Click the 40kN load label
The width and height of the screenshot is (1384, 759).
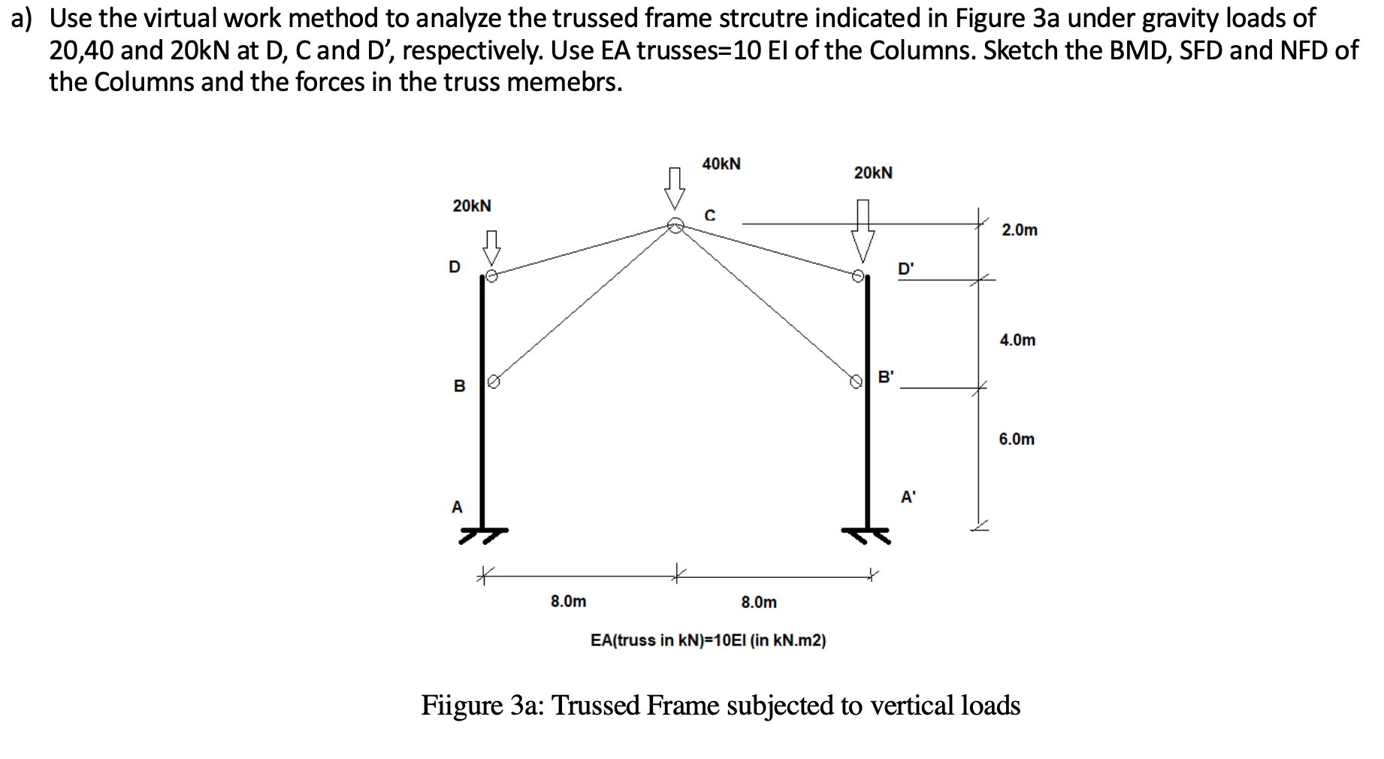pyautogui.click(x=721, y=164)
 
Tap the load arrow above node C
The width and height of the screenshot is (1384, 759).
pyautogui.click(x=675, y=188)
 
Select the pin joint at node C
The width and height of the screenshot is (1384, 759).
pyautogui.click(x=675, y=225)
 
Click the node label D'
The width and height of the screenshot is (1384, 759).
pyautogui.click(x=907, y=269)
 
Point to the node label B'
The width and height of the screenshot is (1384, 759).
pyautogui.click(x=887, y=377)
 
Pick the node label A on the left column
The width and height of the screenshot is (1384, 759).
pyautogui.click(x=457, y=507)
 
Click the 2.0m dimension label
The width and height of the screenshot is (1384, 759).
pyautogui.click(x=1019, y=231)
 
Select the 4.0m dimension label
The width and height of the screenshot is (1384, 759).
pyautogui.click(x=1017, y=340)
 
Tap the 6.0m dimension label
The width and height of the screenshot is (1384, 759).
pyautogui.click(x=1017, y=439)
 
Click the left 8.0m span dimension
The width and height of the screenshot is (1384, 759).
pyautogui.click(x=568, y=602)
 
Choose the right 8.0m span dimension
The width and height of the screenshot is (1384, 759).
pyautogui.click(x=759, y=602)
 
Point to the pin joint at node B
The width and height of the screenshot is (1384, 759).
pyautogui.click(x=493, y=381)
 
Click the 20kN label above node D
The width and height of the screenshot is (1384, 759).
pyautogui.click(x=472, y=206)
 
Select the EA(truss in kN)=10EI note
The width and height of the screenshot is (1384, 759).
pyautogui.click(x=708, y=640)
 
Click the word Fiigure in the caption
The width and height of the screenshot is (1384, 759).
pyautogui.click(x=461, y=706)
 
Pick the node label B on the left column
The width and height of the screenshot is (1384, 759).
pyautogui.click(x=459, y=386)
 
